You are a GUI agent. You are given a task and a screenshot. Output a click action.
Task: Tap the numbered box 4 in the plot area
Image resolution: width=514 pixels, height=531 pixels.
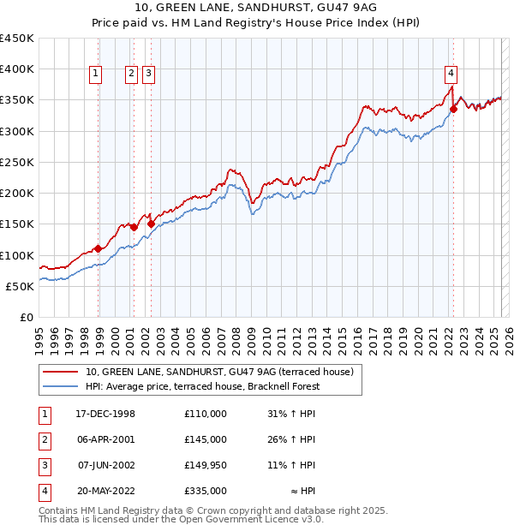pos(451,74)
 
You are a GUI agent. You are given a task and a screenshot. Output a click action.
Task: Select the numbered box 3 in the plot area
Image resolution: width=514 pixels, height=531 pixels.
pos(148,74)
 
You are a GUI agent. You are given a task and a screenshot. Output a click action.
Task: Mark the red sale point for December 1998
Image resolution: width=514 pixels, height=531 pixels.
pos(99,248)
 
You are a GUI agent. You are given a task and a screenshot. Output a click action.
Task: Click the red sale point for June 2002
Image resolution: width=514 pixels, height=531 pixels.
pos(151,224)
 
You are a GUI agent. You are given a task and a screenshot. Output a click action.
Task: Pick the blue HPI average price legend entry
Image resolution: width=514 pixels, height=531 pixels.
pos(202,386)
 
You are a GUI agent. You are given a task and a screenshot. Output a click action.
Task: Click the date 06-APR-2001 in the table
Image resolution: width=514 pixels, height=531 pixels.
pos(105,439)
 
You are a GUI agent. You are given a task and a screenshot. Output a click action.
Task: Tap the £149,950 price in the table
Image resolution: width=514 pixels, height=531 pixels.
pos(206,465)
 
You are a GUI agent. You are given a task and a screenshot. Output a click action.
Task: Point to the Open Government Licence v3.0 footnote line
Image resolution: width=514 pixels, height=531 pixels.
pos(182,518)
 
